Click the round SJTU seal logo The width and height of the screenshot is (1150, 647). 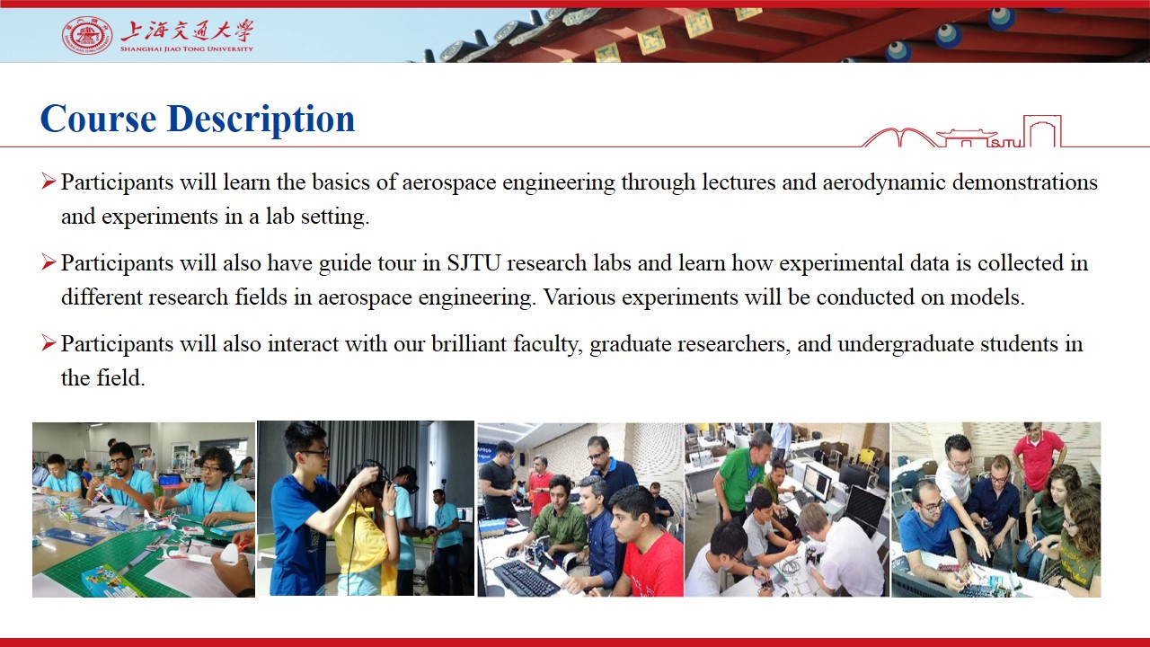pos(87,35)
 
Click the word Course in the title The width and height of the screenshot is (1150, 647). pos(98,119)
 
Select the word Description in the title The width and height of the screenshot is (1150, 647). pos(261,120)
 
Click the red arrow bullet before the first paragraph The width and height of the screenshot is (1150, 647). pos(49,182)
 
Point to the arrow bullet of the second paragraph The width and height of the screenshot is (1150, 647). pos(49,261)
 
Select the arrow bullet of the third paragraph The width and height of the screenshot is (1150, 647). pos(49,342)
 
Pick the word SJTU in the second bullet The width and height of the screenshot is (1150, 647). pos(473,263)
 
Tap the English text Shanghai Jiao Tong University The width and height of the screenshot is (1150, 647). pos(187,49)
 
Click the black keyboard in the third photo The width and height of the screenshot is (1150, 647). pos(526,578)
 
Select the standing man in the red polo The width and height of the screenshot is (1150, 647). pos(1039,456)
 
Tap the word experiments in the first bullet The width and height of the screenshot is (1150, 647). pos(160,217)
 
